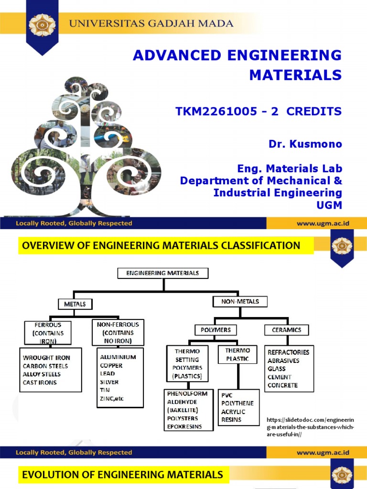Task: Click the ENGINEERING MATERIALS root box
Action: (x=163, y=273)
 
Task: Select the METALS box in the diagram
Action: (x=75, y=304)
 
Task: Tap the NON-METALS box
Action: (x=240, y=301)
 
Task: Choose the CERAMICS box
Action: (x=287, y=330)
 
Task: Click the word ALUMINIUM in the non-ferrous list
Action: (x=118, y=357)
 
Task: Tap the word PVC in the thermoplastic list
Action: (x=227, y=395)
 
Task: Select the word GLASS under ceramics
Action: (x=277, y=369)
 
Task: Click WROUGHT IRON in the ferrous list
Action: (x=46, y=358)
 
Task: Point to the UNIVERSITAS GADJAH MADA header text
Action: (x=152, y=23)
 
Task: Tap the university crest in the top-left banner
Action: (x=43, y=24)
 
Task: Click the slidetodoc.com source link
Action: (x=310, y=427)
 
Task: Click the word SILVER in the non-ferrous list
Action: (x=109, y=382)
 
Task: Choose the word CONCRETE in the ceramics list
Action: (x=282, y=385)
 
